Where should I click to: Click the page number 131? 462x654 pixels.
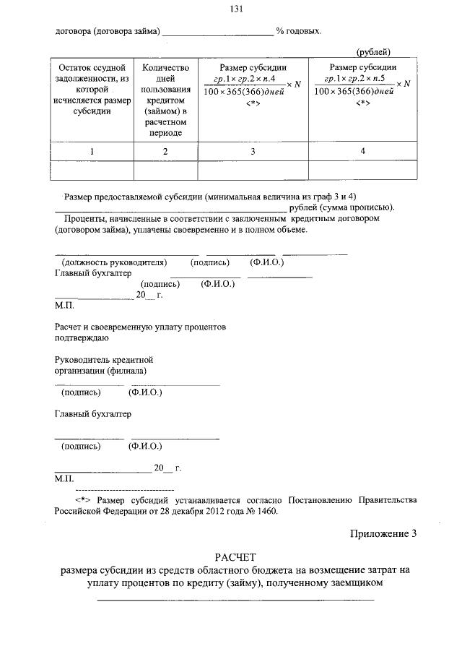[235, 9]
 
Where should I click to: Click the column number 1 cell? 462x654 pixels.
[92, 151]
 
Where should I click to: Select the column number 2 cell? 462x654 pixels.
[165, 151]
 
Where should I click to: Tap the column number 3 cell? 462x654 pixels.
[253, 151]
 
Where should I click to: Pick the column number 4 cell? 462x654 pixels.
[362, 151]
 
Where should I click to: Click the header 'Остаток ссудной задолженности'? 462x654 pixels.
[92, 90]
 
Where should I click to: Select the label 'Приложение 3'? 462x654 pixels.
[383, 534]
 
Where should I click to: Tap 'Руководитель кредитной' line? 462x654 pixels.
[104, 359]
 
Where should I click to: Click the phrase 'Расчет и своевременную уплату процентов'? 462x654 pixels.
[141, 327]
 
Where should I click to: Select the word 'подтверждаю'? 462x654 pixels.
[82, 337]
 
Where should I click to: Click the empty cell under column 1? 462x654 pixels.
[92, 170]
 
